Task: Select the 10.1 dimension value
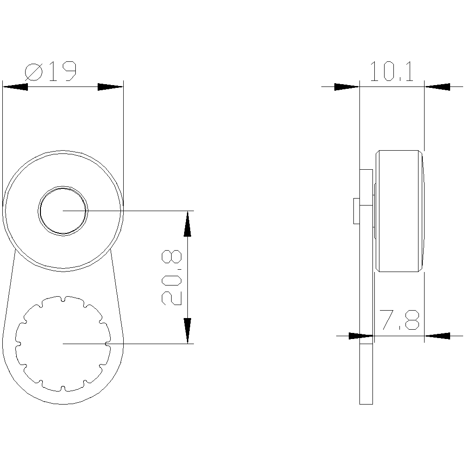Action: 392,72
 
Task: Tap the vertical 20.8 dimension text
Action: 172,278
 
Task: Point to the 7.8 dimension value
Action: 399,320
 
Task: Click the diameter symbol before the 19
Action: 34,73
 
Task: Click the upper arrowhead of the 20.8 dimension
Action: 187,224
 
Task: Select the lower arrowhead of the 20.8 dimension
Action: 187,331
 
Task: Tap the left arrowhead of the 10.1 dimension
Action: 347,86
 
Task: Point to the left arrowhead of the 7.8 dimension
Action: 361,335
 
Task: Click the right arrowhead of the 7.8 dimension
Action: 437,335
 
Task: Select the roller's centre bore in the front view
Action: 63,211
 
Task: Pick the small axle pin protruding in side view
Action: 356,211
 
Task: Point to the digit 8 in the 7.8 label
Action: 412,320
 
